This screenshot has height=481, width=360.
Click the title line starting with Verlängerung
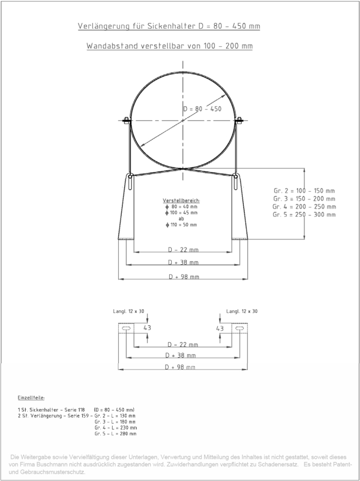coord(169,26)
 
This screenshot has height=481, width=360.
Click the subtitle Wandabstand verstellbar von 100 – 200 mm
coord(169,46)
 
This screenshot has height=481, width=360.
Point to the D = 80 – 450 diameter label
coord(202,109)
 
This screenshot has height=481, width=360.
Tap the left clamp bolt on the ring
coord(126,121)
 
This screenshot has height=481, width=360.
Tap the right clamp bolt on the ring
coord(239,121)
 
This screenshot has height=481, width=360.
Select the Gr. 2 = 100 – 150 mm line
coord(304,191)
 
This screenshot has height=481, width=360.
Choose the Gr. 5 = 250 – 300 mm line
coord(304,214)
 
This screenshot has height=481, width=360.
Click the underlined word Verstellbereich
coord(181,200)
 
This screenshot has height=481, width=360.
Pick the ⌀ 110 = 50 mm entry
coord(181,225)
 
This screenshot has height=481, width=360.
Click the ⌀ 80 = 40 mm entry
coord(181,206)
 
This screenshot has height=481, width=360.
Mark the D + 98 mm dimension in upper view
coord(183,277)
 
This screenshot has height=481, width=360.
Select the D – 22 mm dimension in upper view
coord(183,250)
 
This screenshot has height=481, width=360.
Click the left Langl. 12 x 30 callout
coord(129,311)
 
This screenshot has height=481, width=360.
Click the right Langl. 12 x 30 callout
coord(242,311)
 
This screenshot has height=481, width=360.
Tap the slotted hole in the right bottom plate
coord(239,327)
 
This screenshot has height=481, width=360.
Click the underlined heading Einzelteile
coord(31,398)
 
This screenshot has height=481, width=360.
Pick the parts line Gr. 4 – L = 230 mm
coord(116,428)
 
